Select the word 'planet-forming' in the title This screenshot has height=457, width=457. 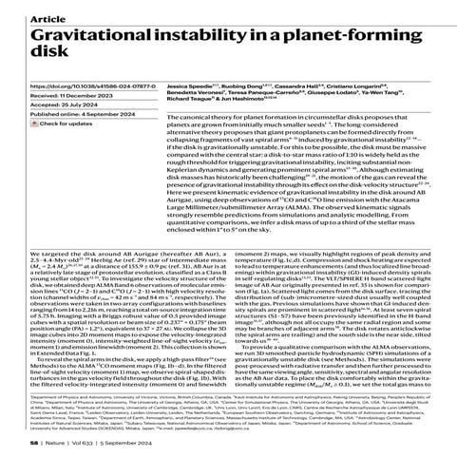[390, 36]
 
